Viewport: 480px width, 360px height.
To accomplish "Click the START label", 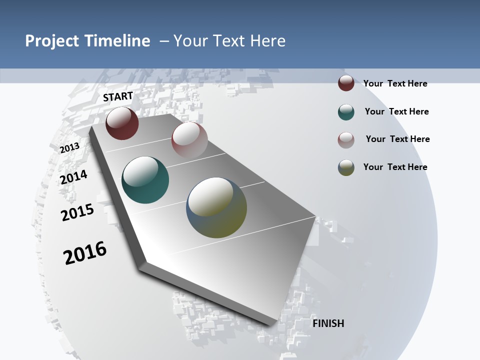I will (118, 96).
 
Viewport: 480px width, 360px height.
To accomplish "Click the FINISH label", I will (328, 323).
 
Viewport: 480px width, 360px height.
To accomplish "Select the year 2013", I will (69, 148).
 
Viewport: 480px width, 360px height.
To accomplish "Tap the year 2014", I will (74, 177).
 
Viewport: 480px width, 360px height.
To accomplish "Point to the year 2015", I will (77, 212).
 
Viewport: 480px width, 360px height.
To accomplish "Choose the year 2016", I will (85, 253).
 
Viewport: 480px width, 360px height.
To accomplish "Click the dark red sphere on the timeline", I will (122, 123).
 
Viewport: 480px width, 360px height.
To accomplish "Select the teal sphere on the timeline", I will (145, 180).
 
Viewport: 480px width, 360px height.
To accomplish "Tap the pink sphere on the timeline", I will (189, 140).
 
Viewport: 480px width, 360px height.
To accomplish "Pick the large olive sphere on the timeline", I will (216, 207).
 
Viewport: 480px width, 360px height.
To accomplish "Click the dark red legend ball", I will (346, 83).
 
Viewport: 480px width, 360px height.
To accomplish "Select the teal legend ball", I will (346, 112).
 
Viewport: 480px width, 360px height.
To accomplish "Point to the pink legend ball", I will (346, 140).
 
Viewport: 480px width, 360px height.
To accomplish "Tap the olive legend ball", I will (346, 167).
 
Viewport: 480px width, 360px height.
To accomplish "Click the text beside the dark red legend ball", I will (395, 83).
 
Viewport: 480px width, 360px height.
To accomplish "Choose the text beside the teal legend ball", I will (396, 111).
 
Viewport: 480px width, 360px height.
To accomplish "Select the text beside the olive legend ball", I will (395, 167).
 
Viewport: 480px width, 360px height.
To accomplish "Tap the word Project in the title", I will (51, 41).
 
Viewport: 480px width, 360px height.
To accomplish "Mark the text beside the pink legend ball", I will (397, 139).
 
